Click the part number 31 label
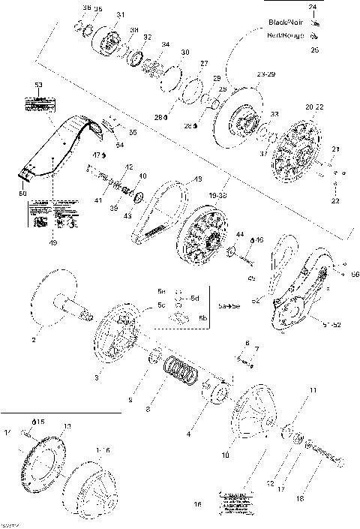121,16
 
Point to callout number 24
313,6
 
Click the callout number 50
22,194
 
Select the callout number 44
240,235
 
